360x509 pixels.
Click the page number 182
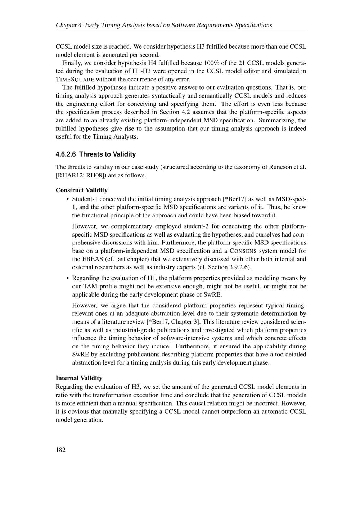click(x=60, y=450)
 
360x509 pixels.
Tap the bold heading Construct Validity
click(x=81, y=190)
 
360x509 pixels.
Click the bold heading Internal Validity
click(x=79, y=378)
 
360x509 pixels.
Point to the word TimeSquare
click(x=75, y=80)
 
